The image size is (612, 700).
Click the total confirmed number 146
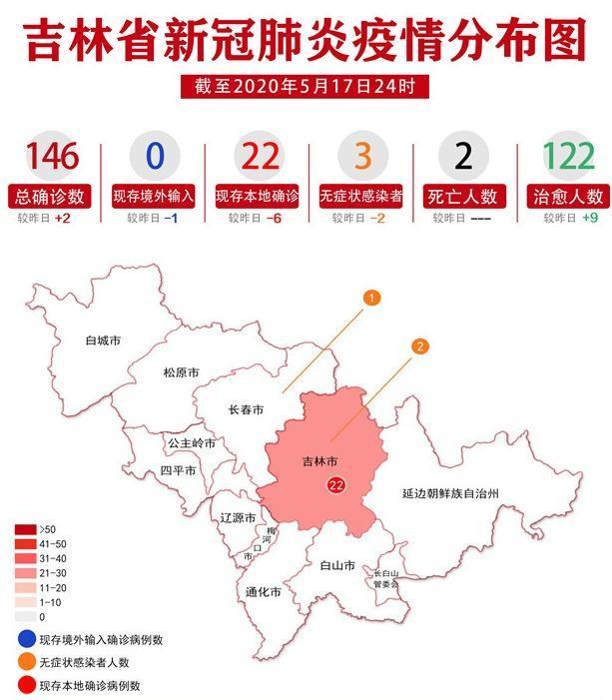(x=52, y=157)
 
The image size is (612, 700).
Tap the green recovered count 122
(x=568, y=157)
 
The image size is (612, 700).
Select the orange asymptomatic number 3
(x=359, y=157)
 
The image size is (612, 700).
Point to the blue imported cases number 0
(x=155, y=157)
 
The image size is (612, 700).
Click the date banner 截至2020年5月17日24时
(x=306, y=87)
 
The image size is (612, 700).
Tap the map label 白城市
(x=103, y=341)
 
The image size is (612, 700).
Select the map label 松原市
(x=181, y=372)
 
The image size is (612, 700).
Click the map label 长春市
(x=246, y=409)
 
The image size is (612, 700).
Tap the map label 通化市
(x=263, y=592)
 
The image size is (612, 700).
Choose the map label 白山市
(x=337, y=565)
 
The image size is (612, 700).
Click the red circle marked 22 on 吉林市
(x=335, y=484)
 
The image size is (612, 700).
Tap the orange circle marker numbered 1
(x=370, y=298)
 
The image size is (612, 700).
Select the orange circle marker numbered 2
(x=420, y=346)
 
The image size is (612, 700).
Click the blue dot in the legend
(x=23, y=639)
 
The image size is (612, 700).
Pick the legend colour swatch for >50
(x=25, y=529)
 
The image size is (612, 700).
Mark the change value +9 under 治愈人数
(x=591, y=218)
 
